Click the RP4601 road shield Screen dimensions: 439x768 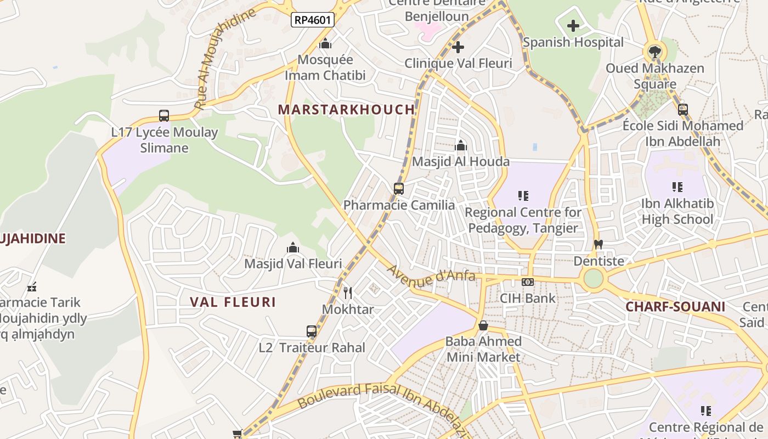313,20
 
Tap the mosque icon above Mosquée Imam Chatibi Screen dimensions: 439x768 325,43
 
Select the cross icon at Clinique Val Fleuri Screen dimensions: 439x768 458,47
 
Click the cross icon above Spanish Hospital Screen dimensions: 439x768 573,26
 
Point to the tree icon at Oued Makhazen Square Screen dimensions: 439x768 654,52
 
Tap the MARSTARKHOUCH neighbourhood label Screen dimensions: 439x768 347,109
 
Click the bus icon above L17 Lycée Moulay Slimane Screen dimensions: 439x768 164,116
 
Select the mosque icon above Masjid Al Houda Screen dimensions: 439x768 461,145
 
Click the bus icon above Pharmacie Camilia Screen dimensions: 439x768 399,189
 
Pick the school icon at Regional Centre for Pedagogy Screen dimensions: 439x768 523,195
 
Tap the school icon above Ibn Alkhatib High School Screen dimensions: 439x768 677,187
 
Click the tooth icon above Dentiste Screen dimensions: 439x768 598,245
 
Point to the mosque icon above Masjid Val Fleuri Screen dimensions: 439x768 293,247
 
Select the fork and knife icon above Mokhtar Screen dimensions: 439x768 347,292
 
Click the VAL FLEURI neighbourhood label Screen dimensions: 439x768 233,302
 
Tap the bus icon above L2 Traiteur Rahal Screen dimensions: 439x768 312,331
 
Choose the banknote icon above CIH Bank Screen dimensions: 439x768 528,282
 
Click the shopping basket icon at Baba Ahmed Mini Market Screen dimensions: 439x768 483,325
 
